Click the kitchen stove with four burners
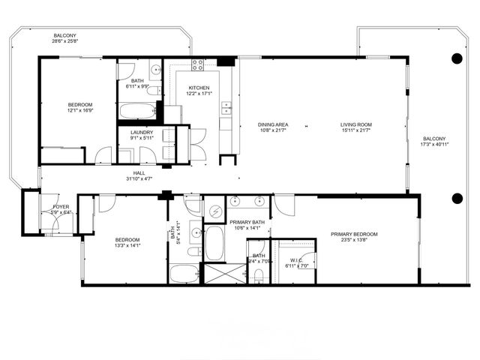[198, 65]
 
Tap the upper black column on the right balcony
[457, 58]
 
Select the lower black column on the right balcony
[457, 198]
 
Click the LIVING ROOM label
[356, 124]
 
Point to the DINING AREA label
[273, 124]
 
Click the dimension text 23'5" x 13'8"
[354, 241]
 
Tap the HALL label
[139, 172]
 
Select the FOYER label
[60, 206]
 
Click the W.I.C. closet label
[295, 261]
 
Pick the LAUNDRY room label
[142, 132]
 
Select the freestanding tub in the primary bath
[214, 242]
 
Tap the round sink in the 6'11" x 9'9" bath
[155, 71]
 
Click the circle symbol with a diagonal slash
[214, 211]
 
